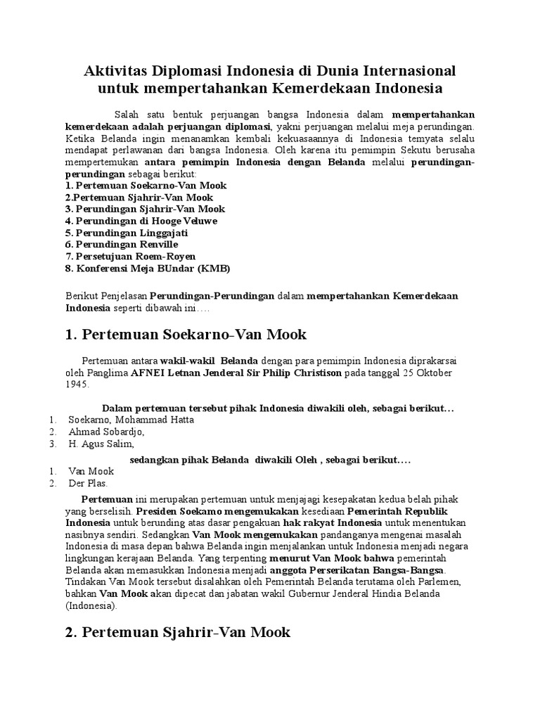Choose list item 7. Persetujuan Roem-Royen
tap(130, 257)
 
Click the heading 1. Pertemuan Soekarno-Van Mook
tap(186, 335)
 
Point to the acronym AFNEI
tap(148, 373)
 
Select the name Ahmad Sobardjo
tap(106, 432)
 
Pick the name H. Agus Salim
tap(101, 444)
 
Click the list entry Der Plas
tap(89, 484)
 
